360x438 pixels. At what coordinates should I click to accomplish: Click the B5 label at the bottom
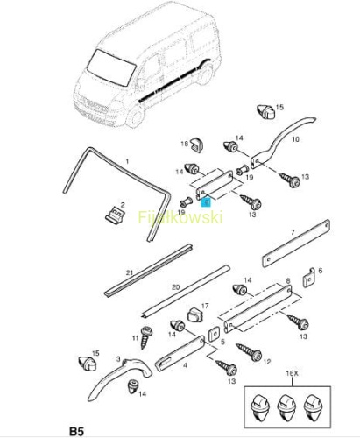point(76,431)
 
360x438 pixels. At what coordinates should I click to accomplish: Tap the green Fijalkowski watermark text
point(180,217)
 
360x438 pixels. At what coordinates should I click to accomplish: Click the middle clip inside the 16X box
point(286,406)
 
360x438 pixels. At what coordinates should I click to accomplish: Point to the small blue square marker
point(206,202)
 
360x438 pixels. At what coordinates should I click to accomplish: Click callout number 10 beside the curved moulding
point(295,139)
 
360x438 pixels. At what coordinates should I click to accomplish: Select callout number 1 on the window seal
point(127,161)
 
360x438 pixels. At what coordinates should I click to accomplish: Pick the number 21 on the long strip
point(130,273)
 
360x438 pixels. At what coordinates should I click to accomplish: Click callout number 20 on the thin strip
point(175,287)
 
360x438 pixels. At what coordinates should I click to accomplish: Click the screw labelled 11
point(145,337)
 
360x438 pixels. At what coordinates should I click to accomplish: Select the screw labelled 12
point(249,351)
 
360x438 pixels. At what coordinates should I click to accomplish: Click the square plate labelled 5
point(213,335)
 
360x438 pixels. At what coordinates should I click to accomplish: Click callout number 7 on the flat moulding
point(293,232)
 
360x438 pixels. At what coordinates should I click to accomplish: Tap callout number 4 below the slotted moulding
point(185,365)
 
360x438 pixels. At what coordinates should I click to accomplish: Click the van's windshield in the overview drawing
point(111,67)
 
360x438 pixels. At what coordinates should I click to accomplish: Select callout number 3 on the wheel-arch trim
point(118,359)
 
